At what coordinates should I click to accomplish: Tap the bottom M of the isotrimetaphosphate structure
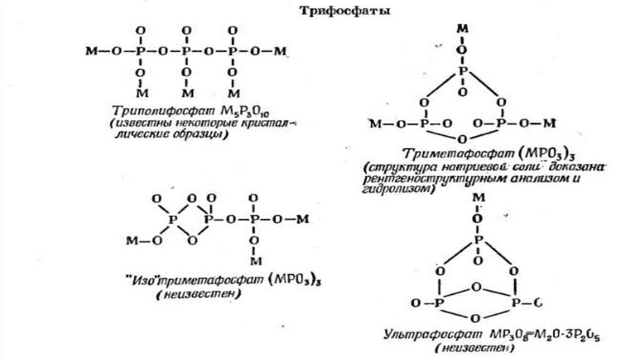click(x=253, y=260)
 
